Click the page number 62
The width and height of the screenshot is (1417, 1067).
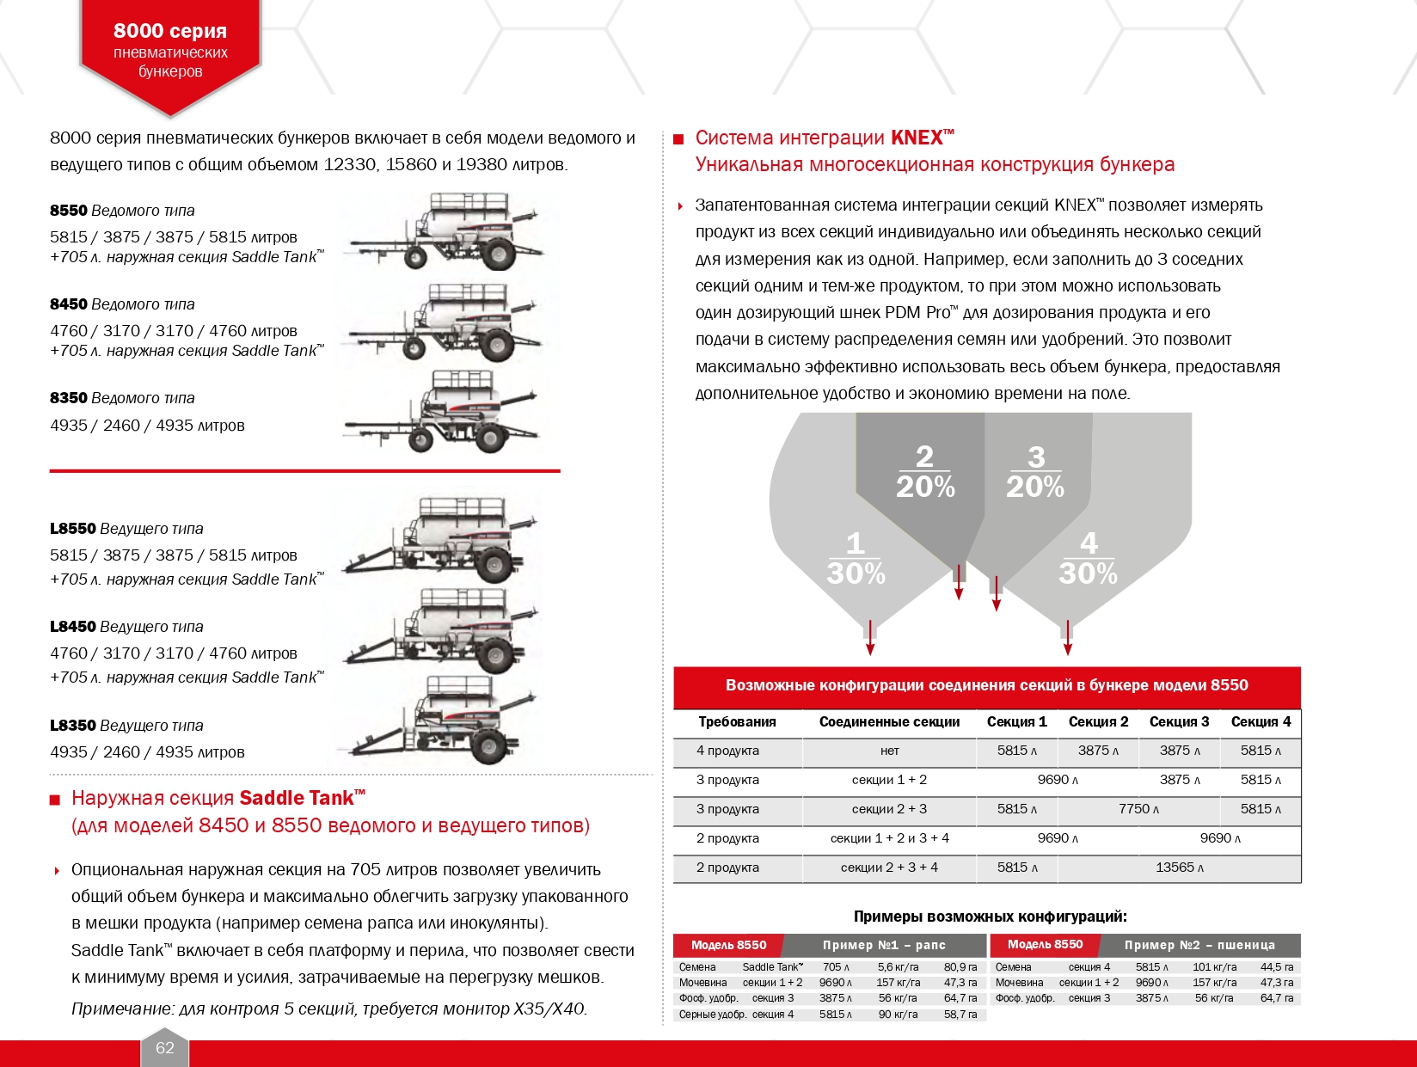[x=164, y=1047]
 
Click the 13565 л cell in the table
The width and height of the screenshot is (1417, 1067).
[x=1180, y=868]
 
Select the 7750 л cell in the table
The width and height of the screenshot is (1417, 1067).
[x=1138, y=809]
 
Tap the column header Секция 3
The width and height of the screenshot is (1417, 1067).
[x=1179, y=721]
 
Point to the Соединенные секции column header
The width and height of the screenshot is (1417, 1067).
[x=889, y=721]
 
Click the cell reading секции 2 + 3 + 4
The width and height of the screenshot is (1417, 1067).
[x=889, y=868]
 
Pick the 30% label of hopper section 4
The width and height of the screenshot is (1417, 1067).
[x=1088, y=573]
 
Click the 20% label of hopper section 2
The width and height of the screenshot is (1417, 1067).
[x=925, y=487]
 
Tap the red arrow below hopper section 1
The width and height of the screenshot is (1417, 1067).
[x=870, y=638]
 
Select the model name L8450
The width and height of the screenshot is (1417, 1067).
[x=73, y=626]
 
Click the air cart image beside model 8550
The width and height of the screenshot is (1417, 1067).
[x=445, y=230]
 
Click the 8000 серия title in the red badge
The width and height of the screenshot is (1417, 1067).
[x=170, y=30]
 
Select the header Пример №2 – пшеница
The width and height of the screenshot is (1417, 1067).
[x=1199, y=945]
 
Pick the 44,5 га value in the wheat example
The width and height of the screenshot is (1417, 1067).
[x=1277, y=967]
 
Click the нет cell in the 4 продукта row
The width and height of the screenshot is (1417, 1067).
[x=889, y=751]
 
